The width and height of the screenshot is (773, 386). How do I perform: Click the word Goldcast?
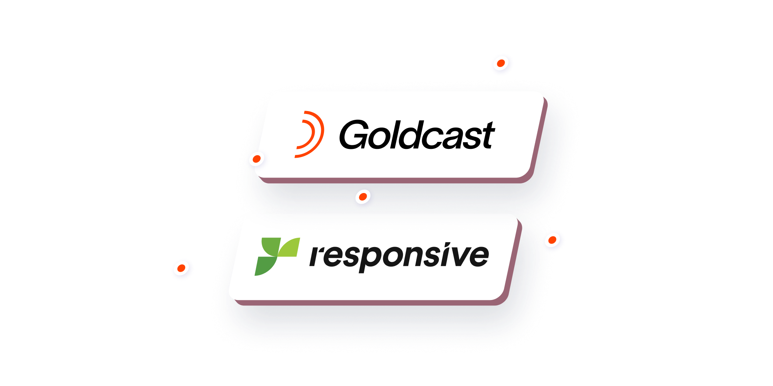click(417, 135)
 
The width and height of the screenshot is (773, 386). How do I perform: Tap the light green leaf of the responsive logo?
click(289, 247)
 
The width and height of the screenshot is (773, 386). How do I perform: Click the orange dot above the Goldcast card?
click(501, 63)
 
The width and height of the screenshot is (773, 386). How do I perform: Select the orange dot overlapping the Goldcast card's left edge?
click(257, 159)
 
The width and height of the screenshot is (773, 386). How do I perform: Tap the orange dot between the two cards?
click(363, 197)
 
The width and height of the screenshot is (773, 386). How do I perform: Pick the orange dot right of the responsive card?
click(552, 240)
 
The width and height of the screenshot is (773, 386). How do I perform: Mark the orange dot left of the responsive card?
click(181, 268)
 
